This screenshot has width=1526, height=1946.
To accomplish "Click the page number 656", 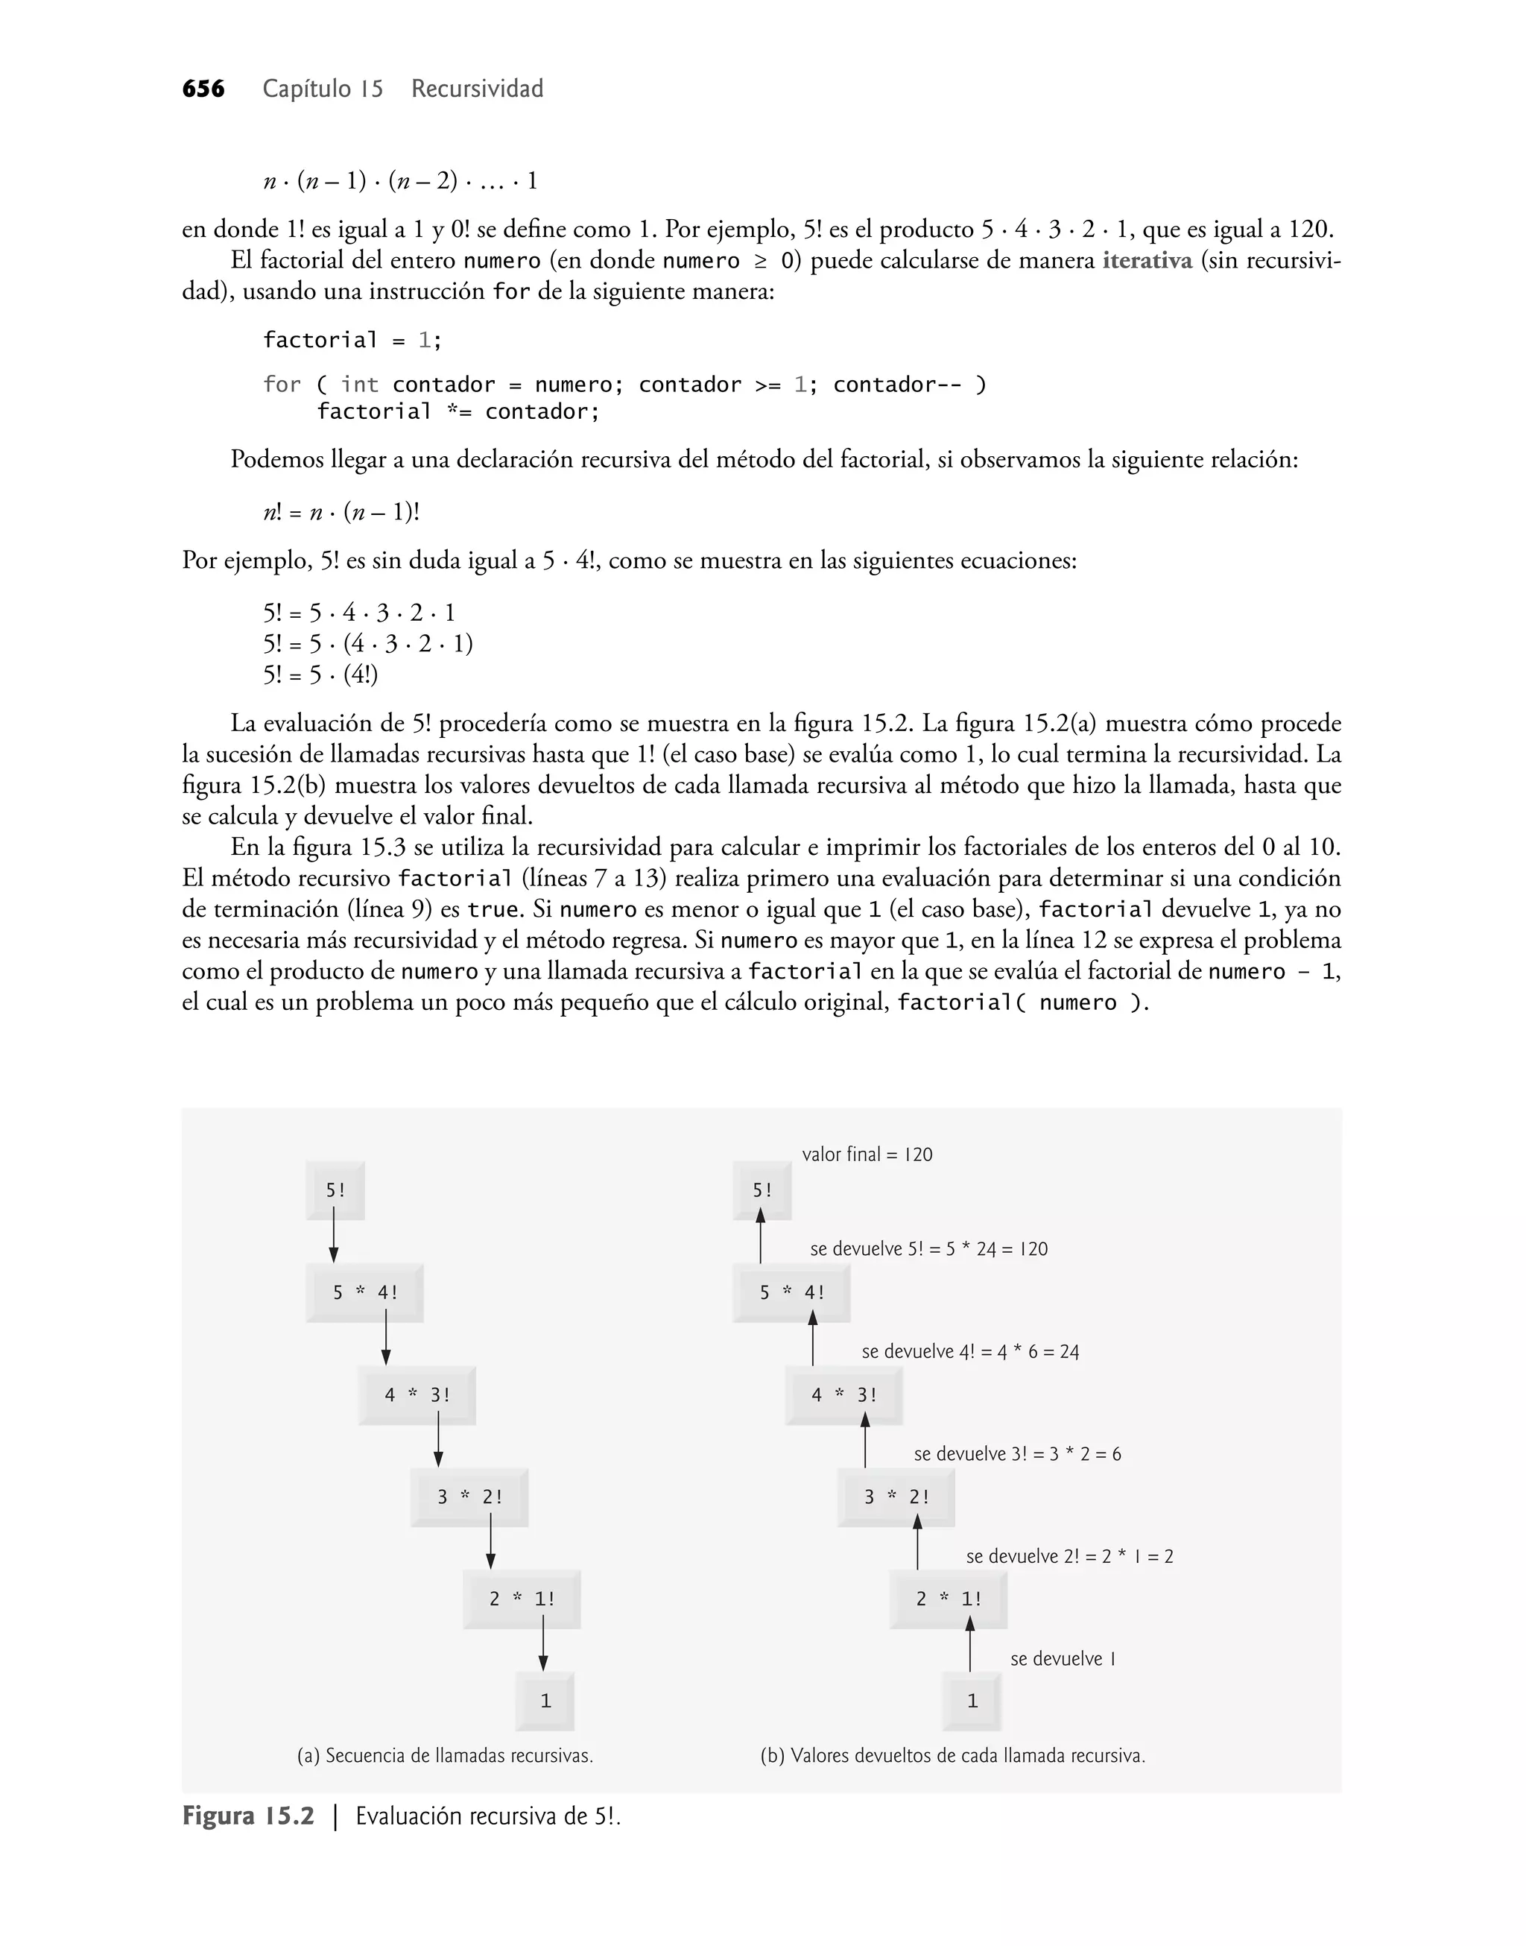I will (203, 89).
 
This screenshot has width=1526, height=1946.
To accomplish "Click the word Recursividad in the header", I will (477, 89).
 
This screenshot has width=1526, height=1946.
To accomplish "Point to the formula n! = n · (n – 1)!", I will (341, 512).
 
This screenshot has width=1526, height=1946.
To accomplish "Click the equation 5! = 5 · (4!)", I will (320, 675).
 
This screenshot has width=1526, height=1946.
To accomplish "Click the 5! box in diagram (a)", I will (335, 1190).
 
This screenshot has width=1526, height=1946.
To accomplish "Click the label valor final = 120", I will (867, 1154).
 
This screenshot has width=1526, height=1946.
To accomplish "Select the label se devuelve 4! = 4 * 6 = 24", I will (970, 1352).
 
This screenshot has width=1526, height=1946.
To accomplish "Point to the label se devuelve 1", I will (1063, 1659).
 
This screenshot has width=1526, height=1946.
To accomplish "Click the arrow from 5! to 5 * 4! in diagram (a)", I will (333, 1237).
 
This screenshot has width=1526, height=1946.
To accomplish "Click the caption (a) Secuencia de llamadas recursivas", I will (445, 1756).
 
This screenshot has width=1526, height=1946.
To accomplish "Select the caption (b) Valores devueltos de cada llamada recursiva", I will (952, 1756).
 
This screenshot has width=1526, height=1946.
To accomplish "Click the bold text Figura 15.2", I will (248, 1816).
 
